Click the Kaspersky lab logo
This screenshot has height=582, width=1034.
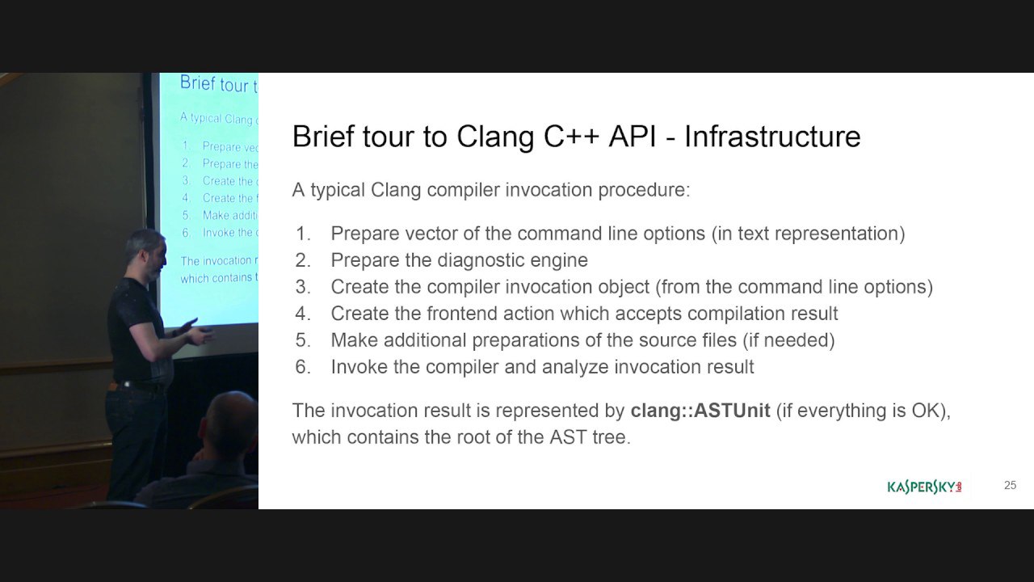pos(925,487)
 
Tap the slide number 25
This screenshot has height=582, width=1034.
pos(1010,485)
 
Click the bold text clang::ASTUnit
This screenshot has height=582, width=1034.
pos(700,410)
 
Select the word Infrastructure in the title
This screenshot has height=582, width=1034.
pos(772,137)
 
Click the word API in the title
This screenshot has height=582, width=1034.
pos(632,137)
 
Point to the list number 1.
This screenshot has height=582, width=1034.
pos(303,234)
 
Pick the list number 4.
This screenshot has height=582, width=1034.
pos(303,314)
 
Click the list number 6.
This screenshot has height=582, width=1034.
pos(303,367)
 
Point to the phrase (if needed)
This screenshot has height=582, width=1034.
pos(788,340)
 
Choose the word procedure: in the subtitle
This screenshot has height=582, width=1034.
pos(644,190)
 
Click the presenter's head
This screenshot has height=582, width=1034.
pos(145,254)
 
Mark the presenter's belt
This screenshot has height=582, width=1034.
pos(137,386)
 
